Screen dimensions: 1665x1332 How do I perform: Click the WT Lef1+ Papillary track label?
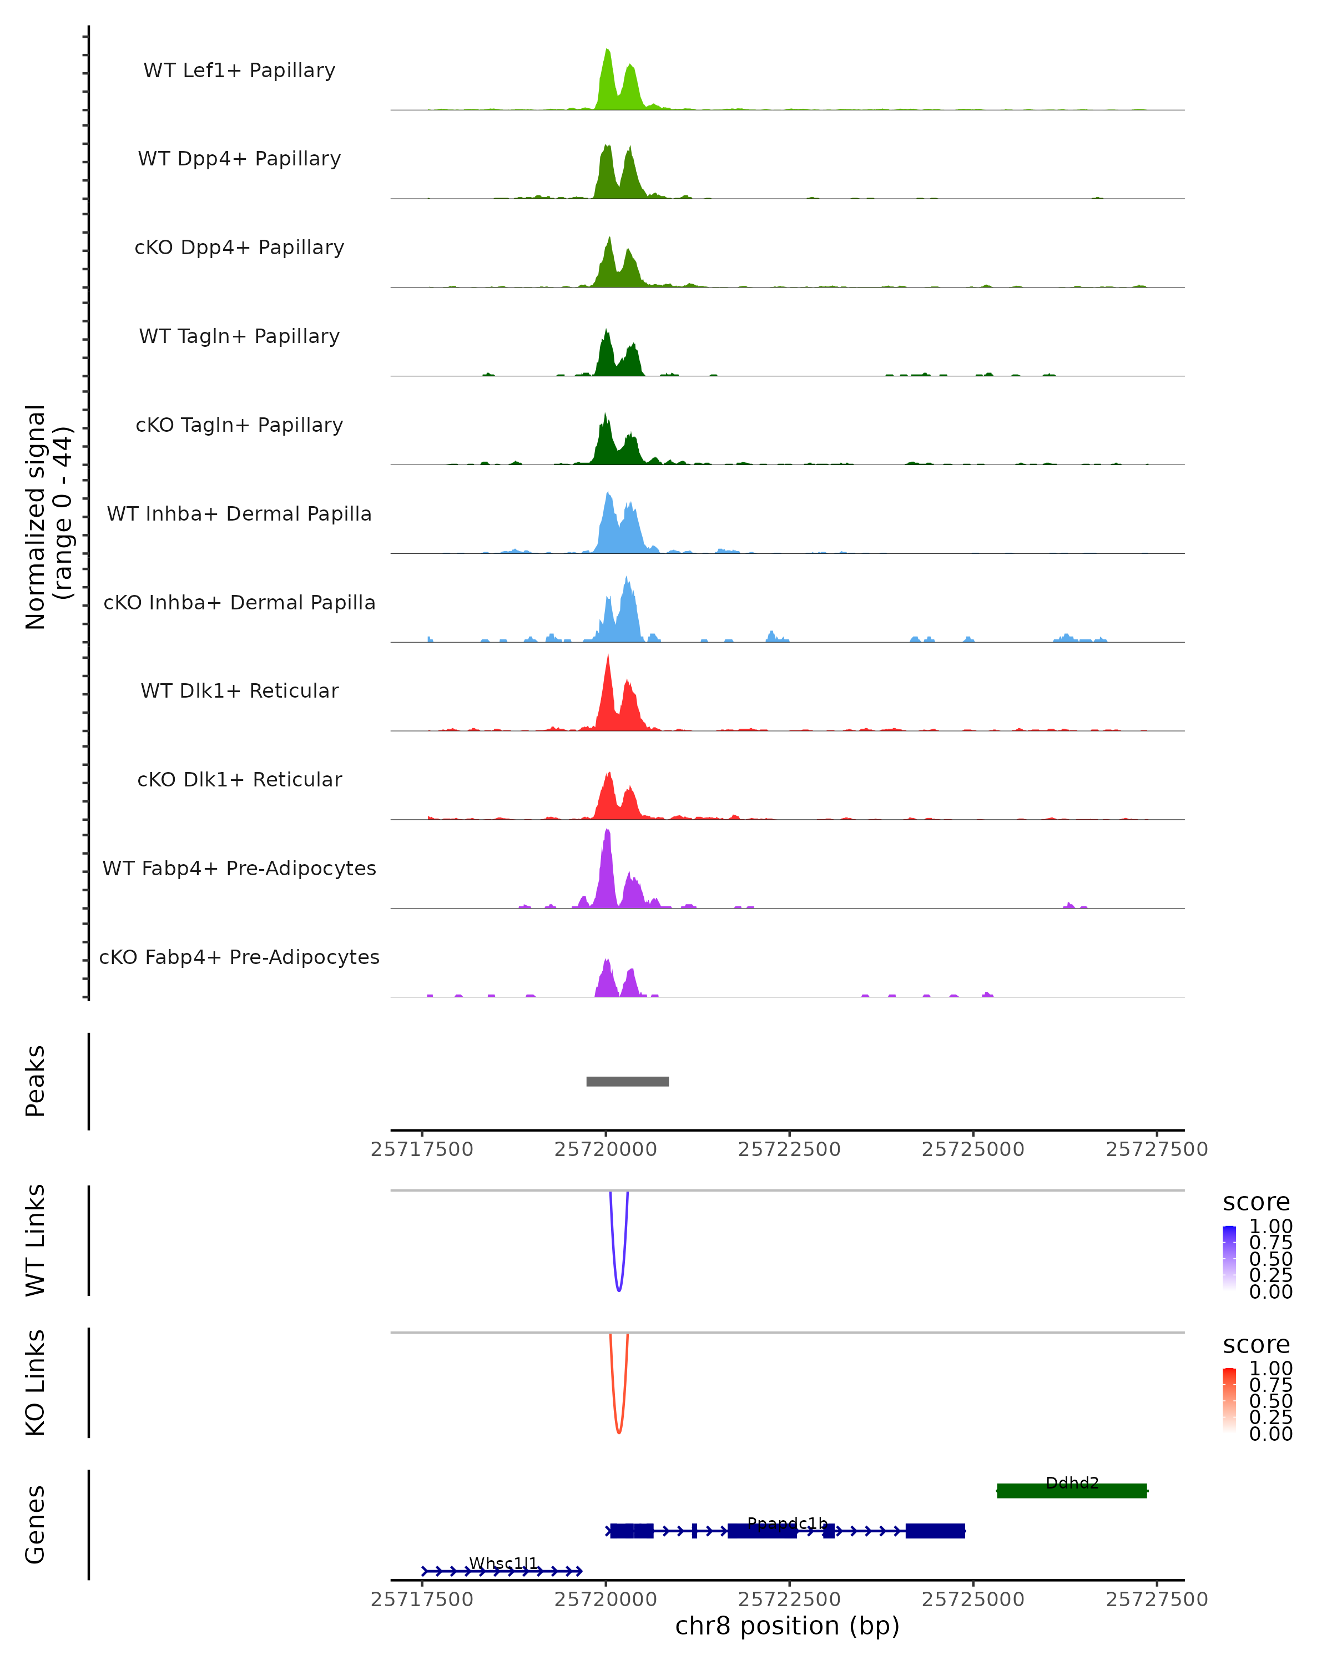[x=239, y=70]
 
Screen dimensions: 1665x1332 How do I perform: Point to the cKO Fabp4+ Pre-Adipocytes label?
[x=239, y=957]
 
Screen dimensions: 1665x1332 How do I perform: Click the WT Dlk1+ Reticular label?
[x=239, y=690]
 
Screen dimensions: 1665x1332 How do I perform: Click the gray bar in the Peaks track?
[x=627, y=1081]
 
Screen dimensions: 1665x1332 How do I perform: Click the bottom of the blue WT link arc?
[x=618, y=1290]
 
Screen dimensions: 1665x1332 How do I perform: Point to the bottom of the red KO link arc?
[x=618, y=1432]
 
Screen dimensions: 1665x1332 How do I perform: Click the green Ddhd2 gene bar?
[x=1071, y=1491]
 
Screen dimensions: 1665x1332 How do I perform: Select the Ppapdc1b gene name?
[x=787, y=1523]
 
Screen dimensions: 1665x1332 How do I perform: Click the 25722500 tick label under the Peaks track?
[x=789, y=1149]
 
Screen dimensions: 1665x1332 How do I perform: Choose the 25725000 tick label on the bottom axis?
[x=973, y=1600]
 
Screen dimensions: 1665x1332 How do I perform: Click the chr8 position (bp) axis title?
[x=787, y=1626]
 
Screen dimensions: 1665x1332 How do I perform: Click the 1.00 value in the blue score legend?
[x=1270, y=1227]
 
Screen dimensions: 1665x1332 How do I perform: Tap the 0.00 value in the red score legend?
[x=1270, y=1434]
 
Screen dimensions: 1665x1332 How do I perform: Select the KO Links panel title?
[x=36, y=1383]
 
